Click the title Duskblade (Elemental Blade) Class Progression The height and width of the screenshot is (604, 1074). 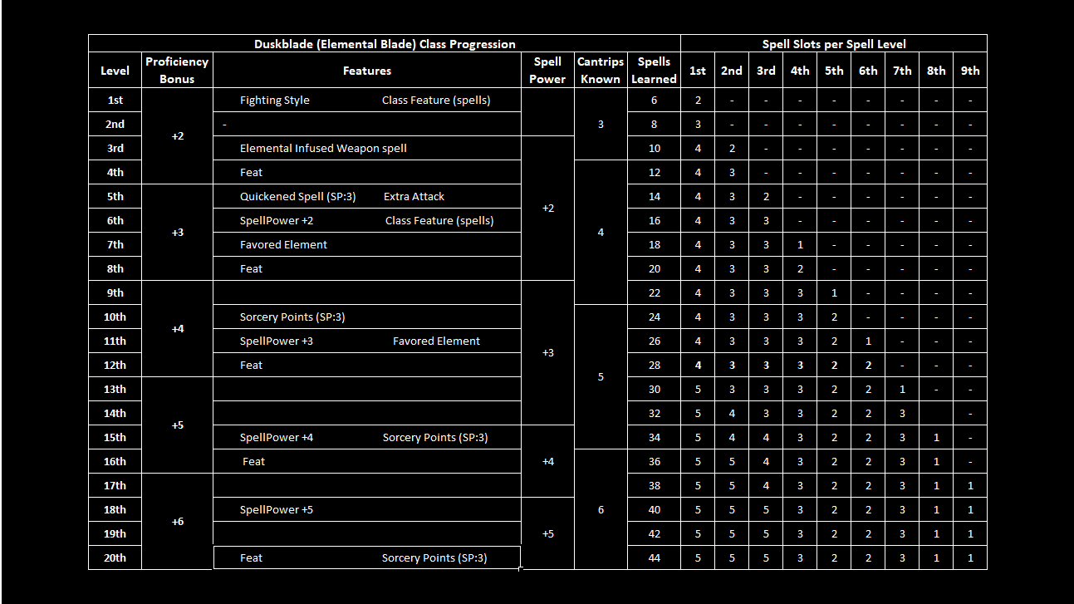(x=385, y=44)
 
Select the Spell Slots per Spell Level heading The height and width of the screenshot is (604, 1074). (x=834, y=44)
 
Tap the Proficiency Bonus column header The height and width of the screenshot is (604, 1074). (x=177, y=70)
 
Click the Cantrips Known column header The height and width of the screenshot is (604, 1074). (x=601, y=70)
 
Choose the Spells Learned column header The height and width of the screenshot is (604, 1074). (x=654, y=70)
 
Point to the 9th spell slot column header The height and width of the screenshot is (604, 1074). (x=970, y=71)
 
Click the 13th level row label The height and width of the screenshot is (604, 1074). (x=115, y=389)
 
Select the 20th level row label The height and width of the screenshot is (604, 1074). (x=115, y=557)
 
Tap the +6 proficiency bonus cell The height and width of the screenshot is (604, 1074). (x=177, y=521)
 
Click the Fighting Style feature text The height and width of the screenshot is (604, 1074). (x=274, y=101)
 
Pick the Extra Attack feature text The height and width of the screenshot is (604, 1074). (x=414, y=197)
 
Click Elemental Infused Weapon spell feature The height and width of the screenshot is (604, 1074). (x=323, y=149)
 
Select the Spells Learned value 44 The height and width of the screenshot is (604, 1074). (x=654, y=557)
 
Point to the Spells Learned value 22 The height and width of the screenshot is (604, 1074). (x=654, y=292)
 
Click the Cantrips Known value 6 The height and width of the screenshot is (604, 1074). (x=601, y=509)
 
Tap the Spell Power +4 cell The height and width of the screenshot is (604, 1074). (x=547, y=461)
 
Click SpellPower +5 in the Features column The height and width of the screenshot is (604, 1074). (x=276, y=509)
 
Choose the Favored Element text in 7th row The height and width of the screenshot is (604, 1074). (x=283, y=245)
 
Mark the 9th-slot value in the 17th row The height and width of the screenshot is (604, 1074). (x=970, y=485)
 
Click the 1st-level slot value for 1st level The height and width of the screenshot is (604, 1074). (x=698, y=101)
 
